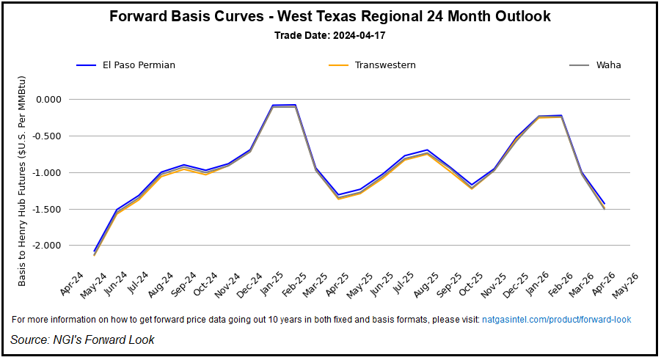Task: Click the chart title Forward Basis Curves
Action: click(x=330, y=16)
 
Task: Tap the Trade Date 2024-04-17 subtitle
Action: click(x=330, y=35)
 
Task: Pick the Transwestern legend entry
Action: click(x=384, y=65)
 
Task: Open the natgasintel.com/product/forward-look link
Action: click(x=556, y=320)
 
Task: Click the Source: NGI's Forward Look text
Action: click(x=82, y=339)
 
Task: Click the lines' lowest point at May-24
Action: click(x=95, y=253)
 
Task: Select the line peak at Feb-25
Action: click(x=294, y=105)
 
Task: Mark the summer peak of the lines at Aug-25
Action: click(x=427, y=150)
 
